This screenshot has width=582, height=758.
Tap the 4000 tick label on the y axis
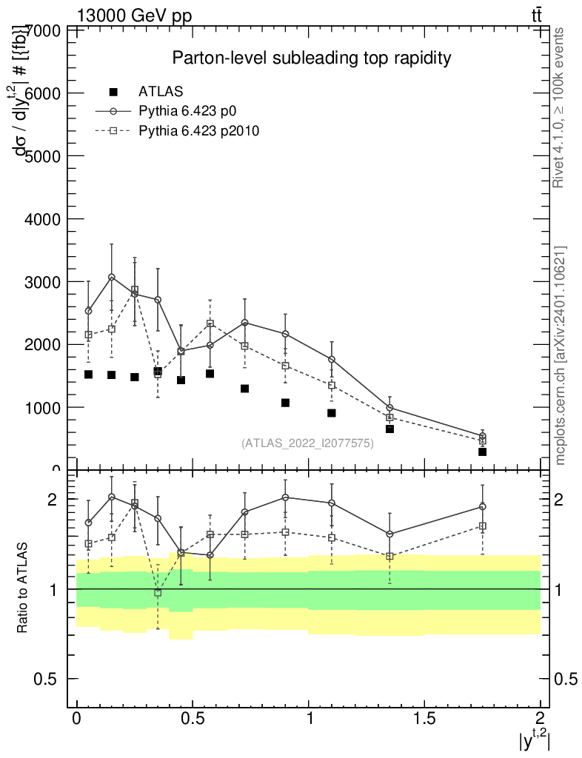(x=44, y=219)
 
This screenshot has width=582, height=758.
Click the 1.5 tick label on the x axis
(x=424, y=718)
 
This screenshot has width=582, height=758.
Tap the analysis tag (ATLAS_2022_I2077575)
(x=307, y=443)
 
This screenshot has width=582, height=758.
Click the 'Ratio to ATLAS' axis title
(x=23, y=588)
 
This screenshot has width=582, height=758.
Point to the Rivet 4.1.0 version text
(x=560, y=107)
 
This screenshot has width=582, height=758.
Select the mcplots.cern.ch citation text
(x=560, y=355)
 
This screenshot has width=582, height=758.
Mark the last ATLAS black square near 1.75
(x=482, y=452)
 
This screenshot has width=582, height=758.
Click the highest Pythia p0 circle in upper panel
(x=112, y=277)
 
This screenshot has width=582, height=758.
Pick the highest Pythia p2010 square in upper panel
(x=135, y=290)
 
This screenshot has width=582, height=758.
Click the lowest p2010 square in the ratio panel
(x=158, y=592)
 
